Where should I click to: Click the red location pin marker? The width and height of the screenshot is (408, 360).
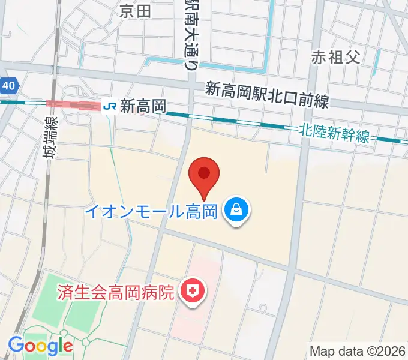click(x=204, y=175)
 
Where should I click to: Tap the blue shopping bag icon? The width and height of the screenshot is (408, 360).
click(x=236, y=211)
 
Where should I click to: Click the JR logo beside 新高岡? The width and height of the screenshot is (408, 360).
click(x=109, y=106)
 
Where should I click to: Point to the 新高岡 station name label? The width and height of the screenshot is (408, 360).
click(x=143, y=106)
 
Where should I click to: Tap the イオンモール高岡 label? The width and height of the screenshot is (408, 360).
click(x=150, y=211)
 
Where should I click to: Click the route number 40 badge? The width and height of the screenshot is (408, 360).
click(x=8, y=86)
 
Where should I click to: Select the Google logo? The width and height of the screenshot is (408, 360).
click(x=40, y=346)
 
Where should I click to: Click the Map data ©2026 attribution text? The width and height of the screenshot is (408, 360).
click(x=358, y=351)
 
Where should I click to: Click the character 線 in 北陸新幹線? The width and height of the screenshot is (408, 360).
click(x=362, y=136)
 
